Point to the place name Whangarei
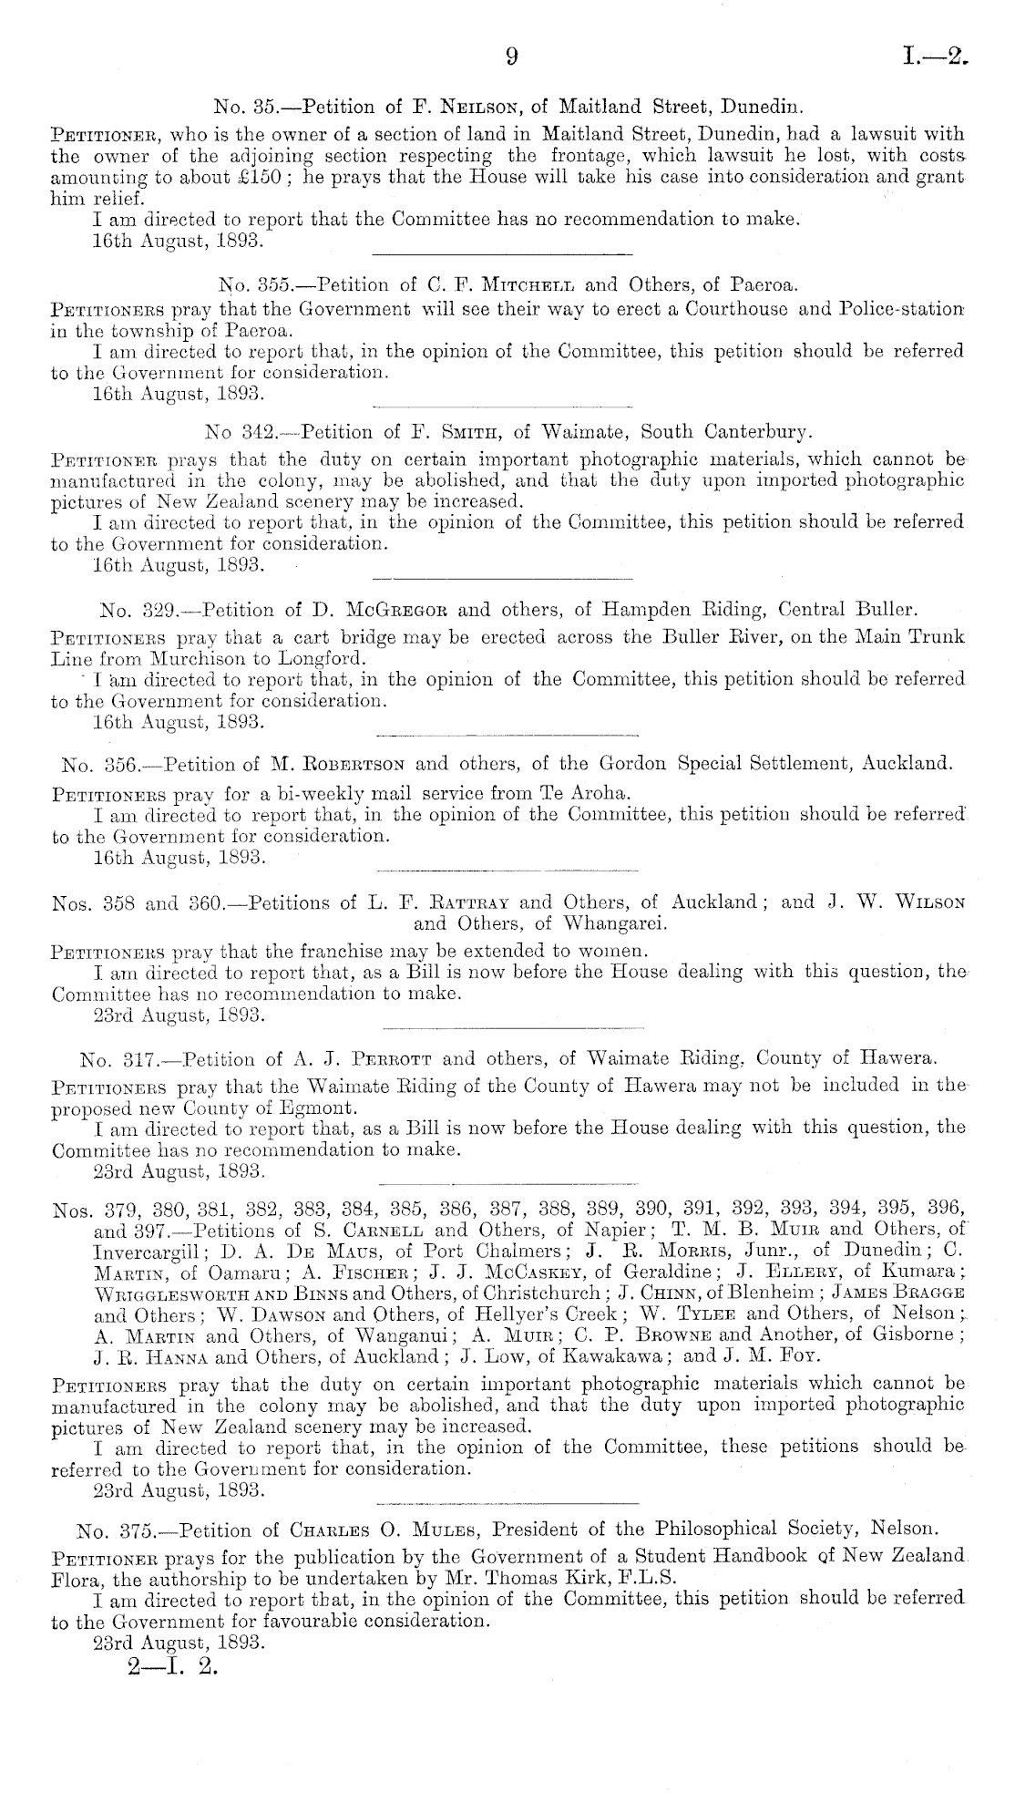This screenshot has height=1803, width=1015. pos(617,924)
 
